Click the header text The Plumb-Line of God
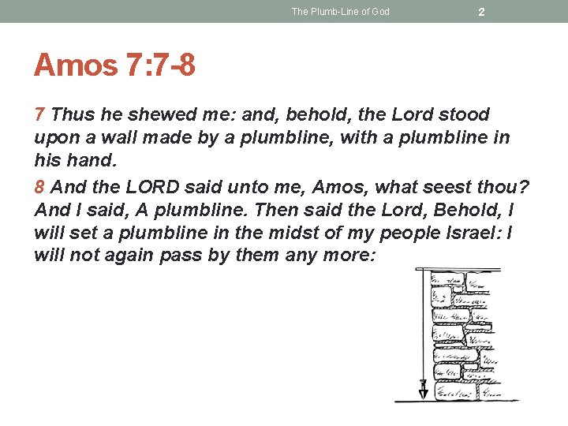(x=340, y=12)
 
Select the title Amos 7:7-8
(x=114, y=65)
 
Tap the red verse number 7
(x=40, y=115)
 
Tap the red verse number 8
(x=40, y=188)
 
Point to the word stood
(x=464, y=115)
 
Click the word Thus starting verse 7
(x=72, y=115)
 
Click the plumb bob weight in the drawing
(x=423, y=389)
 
